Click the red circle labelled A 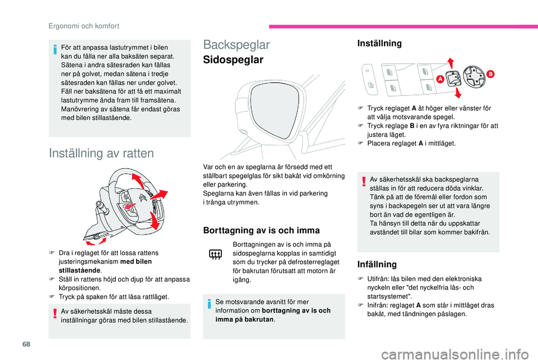(440, 80)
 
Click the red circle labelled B (490, 73)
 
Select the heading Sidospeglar (233, 60)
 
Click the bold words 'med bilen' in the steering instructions (136, 261)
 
